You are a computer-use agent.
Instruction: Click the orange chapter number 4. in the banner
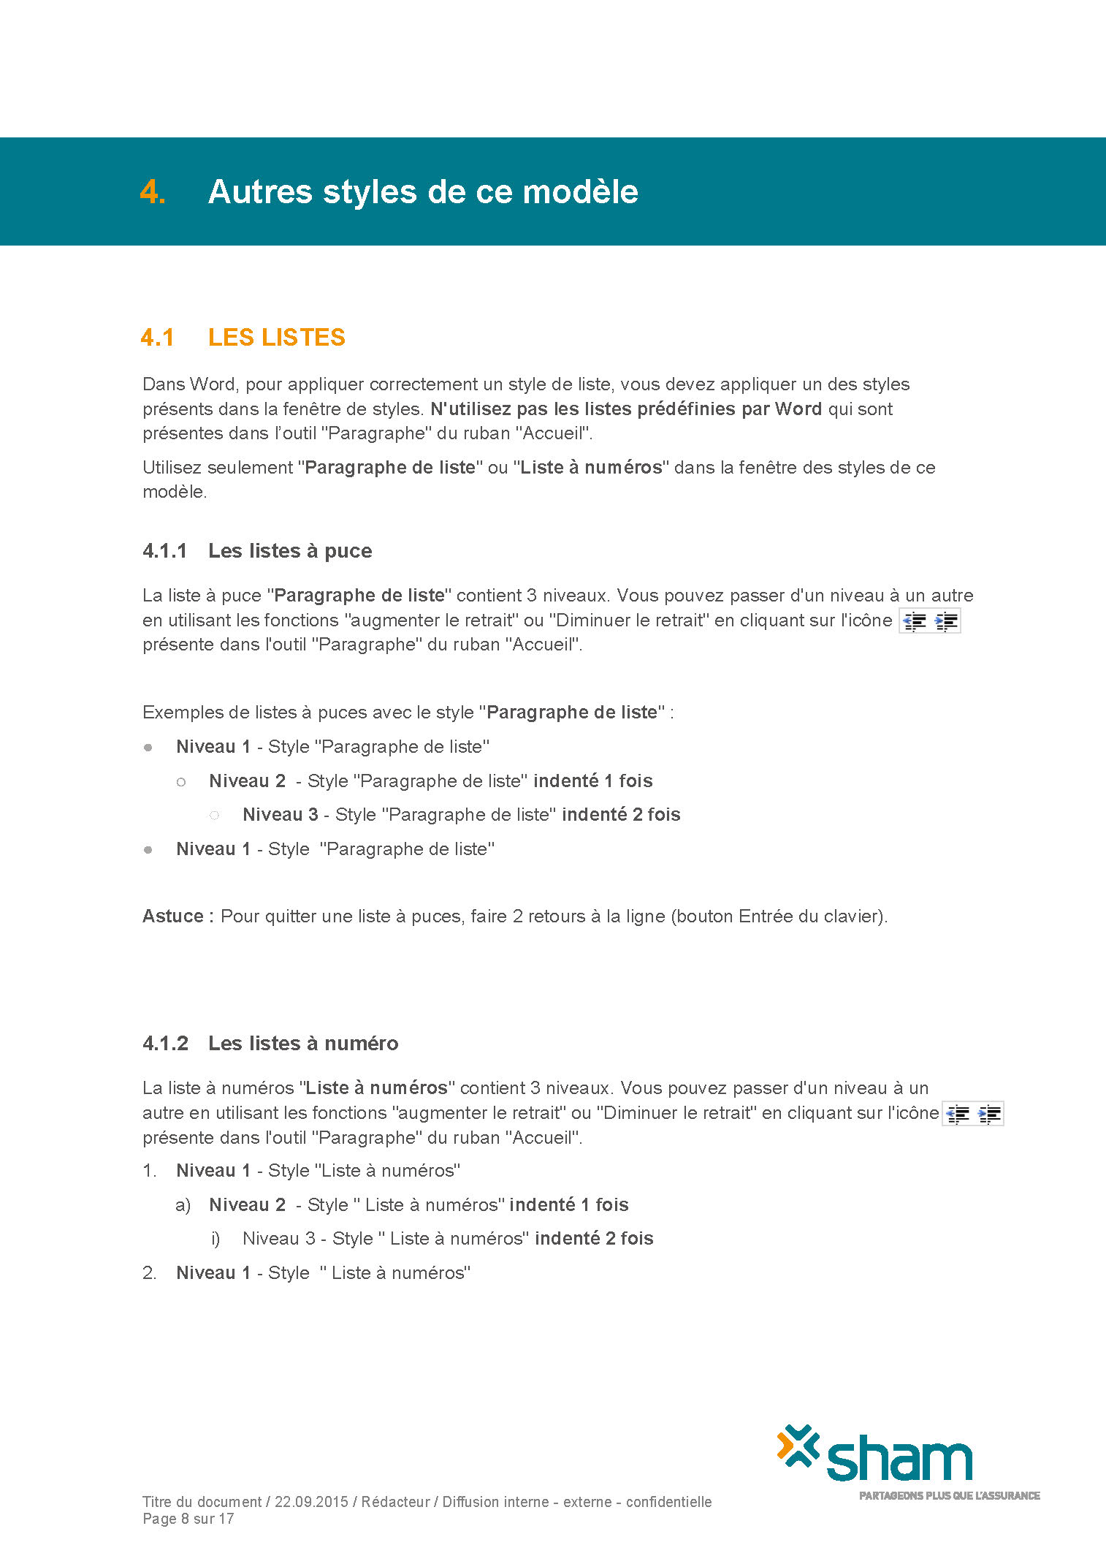(153, 192)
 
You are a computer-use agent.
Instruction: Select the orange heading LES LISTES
(276, 338)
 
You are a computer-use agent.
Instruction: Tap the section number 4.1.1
(165, 551)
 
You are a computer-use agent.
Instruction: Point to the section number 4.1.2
(166, 1044)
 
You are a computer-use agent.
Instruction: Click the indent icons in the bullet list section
(929, 621)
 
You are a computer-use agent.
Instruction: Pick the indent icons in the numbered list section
(973, 1114)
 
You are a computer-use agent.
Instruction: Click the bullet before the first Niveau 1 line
(148, 748)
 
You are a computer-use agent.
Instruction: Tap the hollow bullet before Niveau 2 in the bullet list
(181, 782)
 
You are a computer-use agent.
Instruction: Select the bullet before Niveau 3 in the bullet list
(215, 815)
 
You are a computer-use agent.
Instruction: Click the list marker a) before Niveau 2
(183, 1205)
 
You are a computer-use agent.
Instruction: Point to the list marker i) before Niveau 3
(216, 1239)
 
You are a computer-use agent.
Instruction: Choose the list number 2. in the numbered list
(150, 1273)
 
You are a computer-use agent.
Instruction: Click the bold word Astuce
(173, 916)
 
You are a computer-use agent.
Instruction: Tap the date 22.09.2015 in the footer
(311, 1502)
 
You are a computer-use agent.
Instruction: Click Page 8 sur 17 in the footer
(188, 1519)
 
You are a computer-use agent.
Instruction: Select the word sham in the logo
(899, 1461)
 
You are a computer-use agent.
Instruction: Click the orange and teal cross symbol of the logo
(798, 1446)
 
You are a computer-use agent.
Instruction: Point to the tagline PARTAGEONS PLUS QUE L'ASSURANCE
(949, 1495)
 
